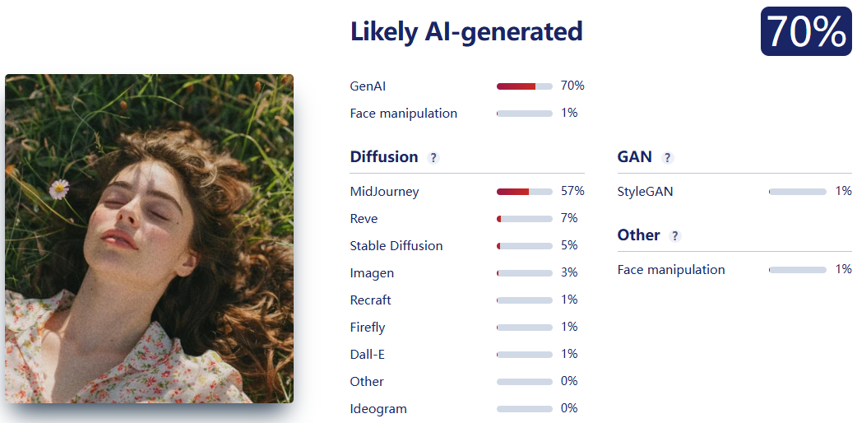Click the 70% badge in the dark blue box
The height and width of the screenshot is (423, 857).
coord(806,31)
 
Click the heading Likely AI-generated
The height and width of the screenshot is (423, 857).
coord(466,32)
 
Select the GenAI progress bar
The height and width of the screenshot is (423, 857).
coord(525,86)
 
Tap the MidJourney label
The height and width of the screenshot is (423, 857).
coord(384,192)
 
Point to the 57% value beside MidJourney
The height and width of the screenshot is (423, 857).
coord(572,191)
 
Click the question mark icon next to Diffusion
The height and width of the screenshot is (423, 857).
coord(433,158)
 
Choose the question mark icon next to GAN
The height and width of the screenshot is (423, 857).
coord(667,158)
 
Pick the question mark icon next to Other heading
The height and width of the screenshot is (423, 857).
coord(675,236)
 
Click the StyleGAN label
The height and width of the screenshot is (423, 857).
coord(645,192)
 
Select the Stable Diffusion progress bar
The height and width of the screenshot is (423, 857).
coord(525,246)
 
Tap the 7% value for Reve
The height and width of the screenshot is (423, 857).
coord(569,218)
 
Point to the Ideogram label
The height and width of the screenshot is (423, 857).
coord(378,409)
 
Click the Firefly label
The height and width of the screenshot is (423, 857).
coord(368,328)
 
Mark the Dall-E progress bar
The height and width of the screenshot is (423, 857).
coord(525,355)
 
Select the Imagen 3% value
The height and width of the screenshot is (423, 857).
coord(569,272)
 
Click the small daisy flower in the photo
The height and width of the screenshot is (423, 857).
coord(59,189)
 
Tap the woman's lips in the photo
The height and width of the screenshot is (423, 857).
coord(119,239)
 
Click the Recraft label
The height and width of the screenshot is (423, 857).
coord(371,300)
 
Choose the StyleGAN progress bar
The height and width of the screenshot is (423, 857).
coord(798,192)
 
